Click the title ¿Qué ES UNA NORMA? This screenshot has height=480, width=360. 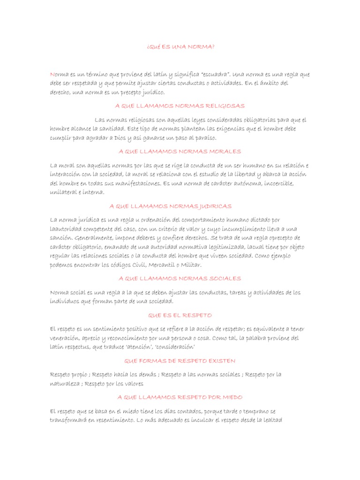(x=180, y=47)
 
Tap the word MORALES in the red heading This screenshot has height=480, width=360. (x=225, y=151)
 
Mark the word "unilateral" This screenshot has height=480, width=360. (x=63, y=192)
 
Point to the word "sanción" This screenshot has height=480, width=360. (x=62, y=238)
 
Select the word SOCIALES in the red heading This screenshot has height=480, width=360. (x=224, y=278)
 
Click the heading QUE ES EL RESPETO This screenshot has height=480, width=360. (x=180, y=315)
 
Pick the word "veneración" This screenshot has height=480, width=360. (x=64, y=338)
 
